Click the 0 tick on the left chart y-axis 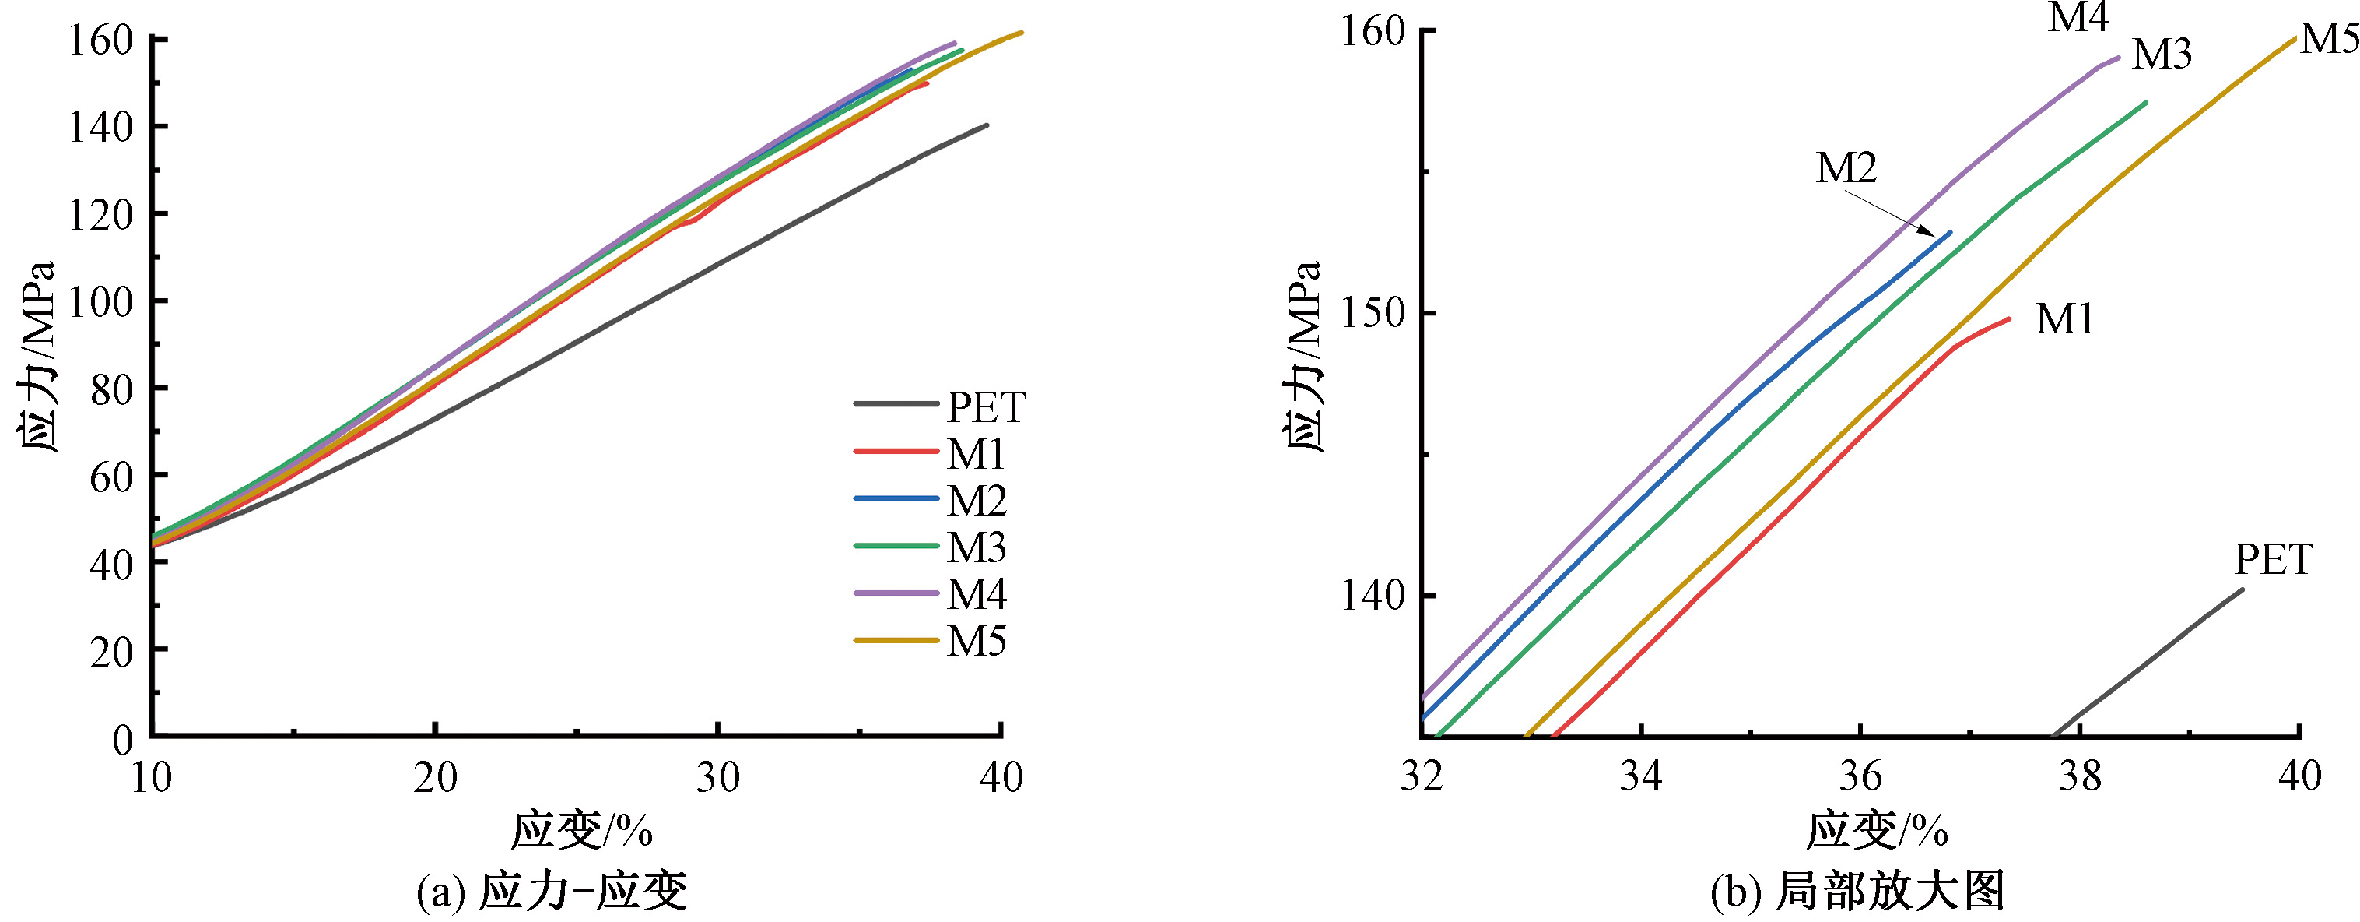tap(123, 739)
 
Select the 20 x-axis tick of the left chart tap(435, 778)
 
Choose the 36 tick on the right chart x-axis tap(1860, 776)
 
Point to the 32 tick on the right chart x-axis tap(1422, 776)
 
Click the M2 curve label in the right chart tap(1846, 167)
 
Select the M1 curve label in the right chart tap(2065, 319)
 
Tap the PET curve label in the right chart tap(2274, 559)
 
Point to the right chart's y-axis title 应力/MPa tap(1305, 357)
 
